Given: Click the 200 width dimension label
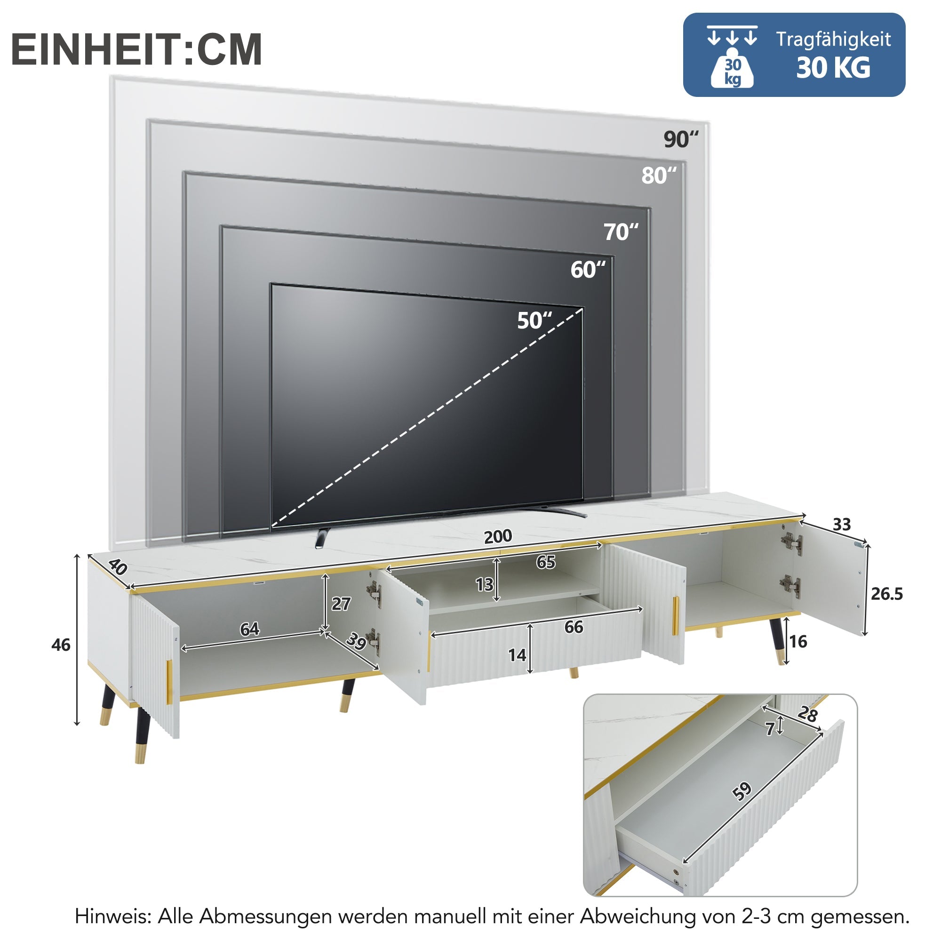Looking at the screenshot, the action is click(x=498, y=537).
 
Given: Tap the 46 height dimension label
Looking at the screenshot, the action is click(x=61, y=645).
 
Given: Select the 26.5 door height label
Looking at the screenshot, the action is click(x=887, y=594).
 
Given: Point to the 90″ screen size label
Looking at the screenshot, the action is click(x=681, y=139).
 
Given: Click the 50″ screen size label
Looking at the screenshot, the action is click(x=534, y=320).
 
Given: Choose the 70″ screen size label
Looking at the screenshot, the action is click(x=621, y=232).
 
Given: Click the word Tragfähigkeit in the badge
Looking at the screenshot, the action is click(x=833, y=40).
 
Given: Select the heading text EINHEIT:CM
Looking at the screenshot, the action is click(x=136, y=49).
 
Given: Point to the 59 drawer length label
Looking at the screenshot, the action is click(x=742, y=791).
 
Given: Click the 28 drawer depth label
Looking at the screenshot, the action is click(x=807, y=715).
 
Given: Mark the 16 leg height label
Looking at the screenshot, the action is click(x=798, y=641).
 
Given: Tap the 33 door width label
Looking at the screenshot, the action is click(x=842, y=524).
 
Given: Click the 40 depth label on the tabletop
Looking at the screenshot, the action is click(x=117, y=566).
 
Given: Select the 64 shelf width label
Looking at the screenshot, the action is click(x=249, y=629).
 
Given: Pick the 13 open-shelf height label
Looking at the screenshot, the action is click(x=484, y=584).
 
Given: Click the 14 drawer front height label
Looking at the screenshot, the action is click(x=517, y=655).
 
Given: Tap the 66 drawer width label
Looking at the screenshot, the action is click(x=574, y=627).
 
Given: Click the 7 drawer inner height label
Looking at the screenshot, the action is click(x=770, y=729).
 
